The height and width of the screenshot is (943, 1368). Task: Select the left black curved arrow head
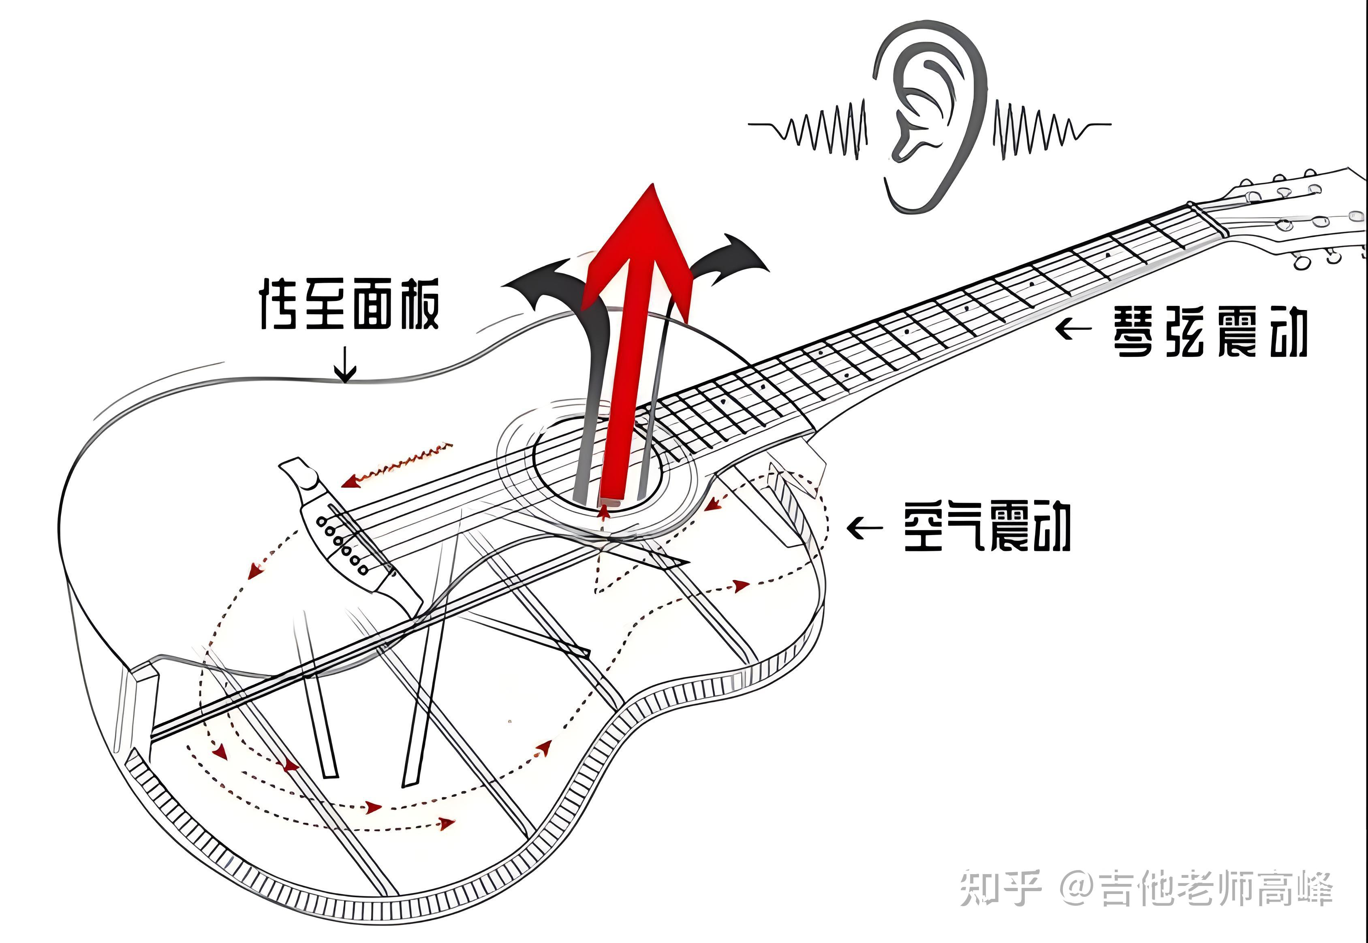532,284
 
